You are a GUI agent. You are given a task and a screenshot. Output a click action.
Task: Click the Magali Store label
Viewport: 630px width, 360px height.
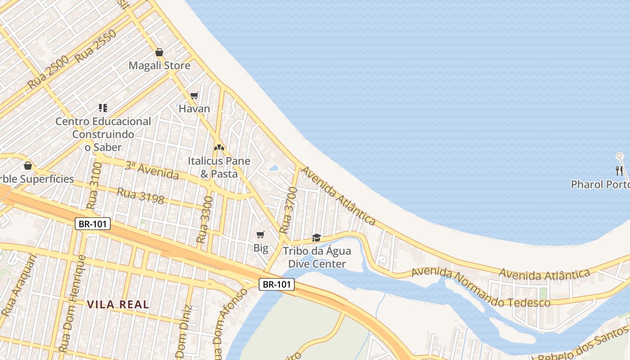point(159,66)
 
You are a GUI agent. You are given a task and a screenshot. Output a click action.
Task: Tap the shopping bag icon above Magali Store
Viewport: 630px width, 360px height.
point(159,52)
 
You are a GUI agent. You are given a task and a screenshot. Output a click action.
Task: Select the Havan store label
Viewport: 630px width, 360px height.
point(194,108)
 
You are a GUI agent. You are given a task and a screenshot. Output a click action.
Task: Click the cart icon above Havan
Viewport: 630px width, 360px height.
point(194,95)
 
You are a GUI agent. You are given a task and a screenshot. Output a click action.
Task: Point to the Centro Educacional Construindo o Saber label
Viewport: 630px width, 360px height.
point(103,134)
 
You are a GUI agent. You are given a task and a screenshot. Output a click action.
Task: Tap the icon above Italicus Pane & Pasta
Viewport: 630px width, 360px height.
point(219,147)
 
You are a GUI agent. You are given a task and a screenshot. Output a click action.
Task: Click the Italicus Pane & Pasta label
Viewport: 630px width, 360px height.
point(219,167)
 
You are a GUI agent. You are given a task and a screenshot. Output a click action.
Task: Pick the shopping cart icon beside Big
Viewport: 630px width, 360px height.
point(260,234)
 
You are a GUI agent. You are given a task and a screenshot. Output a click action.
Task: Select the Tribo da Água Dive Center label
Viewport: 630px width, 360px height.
point(317,257)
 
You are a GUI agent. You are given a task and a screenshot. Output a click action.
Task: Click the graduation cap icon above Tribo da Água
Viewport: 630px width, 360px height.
point(316,238)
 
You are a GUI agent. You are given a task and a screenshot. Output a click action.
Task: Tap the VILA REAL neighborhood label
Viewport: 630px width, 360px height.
point(118,305)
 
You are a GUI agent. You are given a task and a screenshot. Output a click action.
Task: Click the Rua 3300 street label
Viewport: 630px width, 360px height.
point(204,220)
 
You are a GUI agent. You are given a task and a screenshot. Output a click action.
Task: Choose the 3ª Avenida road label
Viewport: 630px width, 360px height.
point(152,170)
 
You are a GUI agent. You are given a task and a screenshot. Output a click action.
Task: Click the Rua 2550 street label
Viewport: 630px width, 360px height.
point(96,45)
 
